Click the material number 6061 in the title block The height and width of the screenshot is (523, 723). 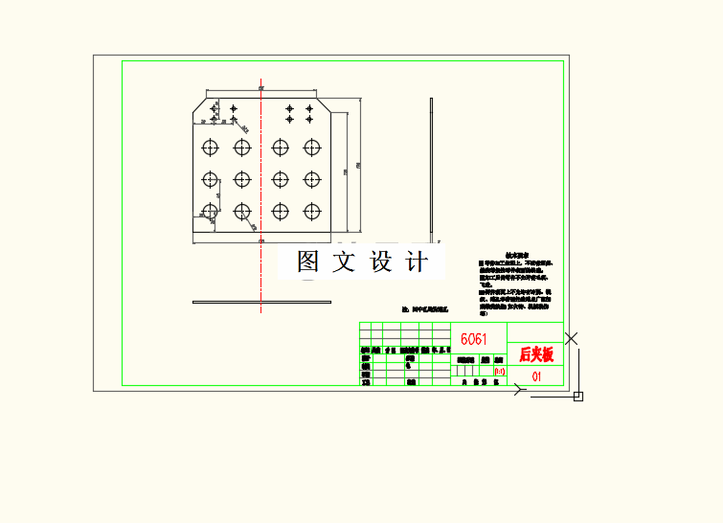pos(473,339)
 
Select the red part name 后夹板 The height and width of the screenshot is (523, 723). pos(536,354)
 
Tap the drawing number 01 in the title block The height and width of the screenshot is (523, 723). pos(536,376)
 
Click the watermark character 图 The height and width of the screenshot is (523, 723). pos(308,261)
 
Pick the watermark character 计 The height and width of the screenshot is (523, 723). pos(417,261)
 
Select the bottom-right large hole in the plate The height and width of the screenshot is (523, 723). pos(311,211)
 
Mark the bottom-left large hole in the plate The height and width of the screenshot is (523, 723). pos(211,211)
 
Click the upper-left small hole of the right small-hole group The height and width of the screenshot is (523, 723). pos(290,108)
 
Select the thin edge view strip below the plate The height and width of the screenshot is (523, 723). pos(260,303)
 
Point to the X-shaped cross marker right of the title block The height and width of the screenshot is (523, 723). pos(572,338)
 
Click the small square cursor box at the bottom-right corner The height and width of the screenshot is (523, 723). pos(578,396)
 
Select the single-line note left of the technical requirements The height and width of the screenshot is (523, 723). pos(426,310)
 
